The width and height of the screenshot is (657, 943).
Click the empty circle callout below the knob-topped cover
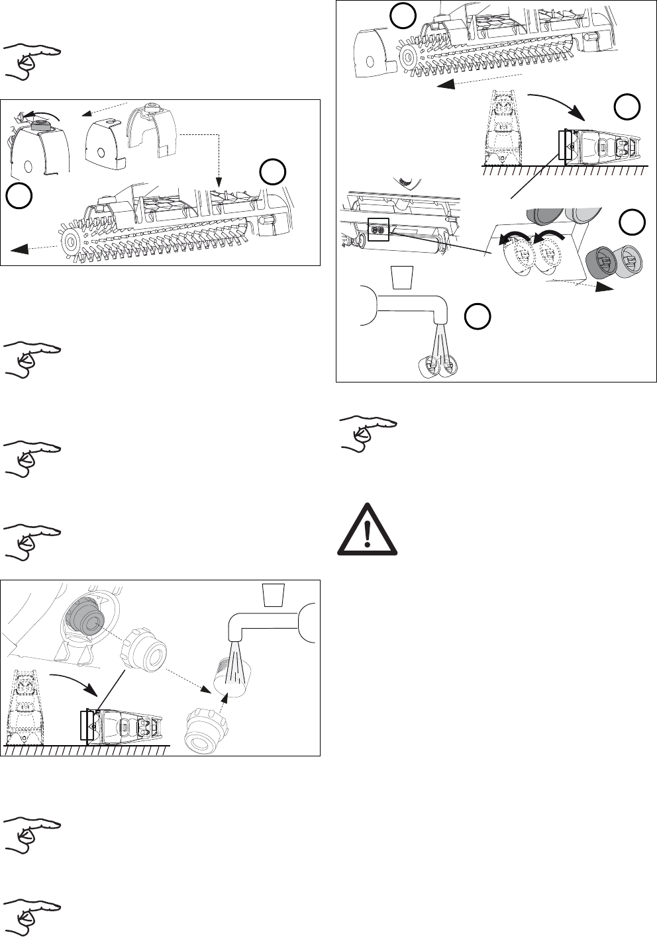19,197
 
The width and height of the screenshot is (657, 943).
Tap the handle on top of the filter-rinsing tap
273,595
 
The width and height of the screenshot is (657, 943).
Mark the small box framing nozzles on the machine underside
378,230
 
